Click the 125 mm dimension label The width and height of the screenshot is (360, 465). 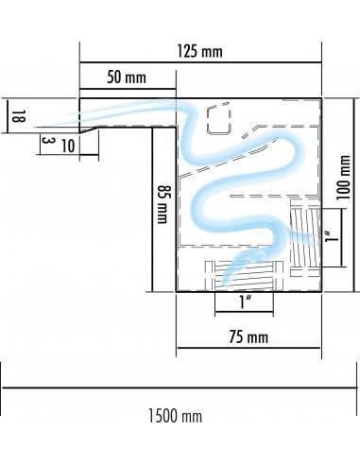[x=199, y=51]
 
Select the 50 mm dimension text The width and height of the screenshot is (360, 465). [x=127, y=77]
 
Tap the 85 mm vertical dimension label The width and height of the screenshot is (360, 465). [x=163, y=204]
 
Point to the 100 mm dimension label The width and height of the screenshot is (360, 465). [x=343, y=178]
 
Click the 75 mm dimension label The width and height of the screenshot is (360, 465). [x=249, y=336]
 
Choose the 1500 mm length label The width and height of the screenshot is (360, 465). [x=175, y=416]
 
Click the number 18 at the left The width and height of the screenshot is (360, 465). [x=18, y=116]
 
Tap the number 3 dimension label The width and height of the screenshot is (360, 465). [x=46, y=141]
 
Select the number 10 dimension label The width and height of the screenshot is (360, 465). [x=68, y=146]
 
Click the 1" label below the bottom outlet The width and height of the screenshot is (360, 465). [x=245, y=302]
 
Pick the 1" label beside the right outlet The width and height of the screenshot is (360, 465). [x=333, y=237]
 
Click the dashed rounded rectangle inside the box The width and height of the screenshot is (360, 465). [x=219, y=120]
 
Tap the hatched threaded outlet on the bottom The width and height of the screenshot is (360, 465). [x=244, y=276]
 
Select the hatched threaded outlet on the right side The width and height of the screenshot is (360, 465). [x=305, y=238]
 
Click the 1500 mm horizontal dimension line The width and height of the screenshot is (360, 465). [x=180, y=388]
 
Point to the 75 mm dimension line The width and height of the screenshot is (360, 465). [x=249, y=348]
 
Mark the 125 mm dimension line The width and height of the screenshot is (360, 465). [x=200, y=62]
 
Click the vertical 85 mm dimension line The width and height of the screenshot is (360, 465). [x=152, y=210]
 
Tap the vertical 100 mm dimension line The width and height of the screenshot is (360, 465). [x=354, y=195]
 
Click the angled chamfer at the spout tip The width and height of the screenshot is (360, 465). [x=89, y=129]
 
